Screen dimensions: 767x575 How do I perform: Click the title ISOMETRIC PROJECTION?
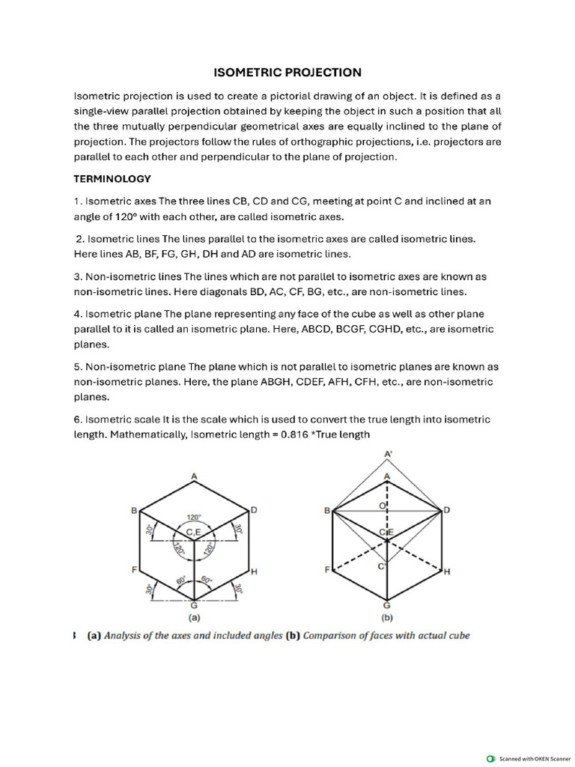coord(287,73)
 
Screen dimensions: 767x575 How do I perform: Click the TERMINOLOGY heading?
coord(112,179)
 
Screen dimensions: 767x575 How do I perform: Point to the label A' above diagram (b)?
coord(388,455)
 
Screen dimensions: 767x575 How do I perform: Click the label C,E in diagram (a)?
coord(194,532)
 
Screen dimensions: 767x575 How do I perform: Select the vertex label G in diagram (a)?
coord(195,604)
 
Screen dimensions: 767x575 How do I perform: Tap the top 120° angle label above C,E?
coord(194,517)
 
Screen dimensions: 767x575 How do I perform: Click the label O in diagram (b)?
coord(381,506)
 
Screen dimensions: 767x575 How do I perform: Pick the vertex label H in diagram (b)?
coord(447,572)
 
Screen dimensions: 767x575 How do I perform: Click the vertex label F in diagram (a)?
coord(135,570)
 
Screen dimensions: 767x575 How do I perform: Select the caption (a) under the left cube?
coord(194,619)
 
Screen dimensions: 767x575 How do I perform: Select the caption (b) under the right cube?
coord(387,619)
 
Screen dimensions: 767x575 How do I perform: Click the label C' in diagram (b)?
coord(382,566)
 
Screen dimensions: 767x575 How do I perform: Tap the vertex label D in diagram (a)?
coord(254,510)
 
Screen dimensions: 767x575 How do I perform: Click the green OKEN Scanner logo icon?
coord(490,757)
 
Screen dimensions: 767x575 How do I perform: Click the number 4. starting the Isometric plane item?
coord(78,314)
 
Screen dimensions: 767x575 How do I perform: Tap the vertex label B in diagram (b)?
coord(326,510)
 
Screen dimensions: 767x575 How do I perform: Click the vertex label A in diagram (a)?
coord(194,476)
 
